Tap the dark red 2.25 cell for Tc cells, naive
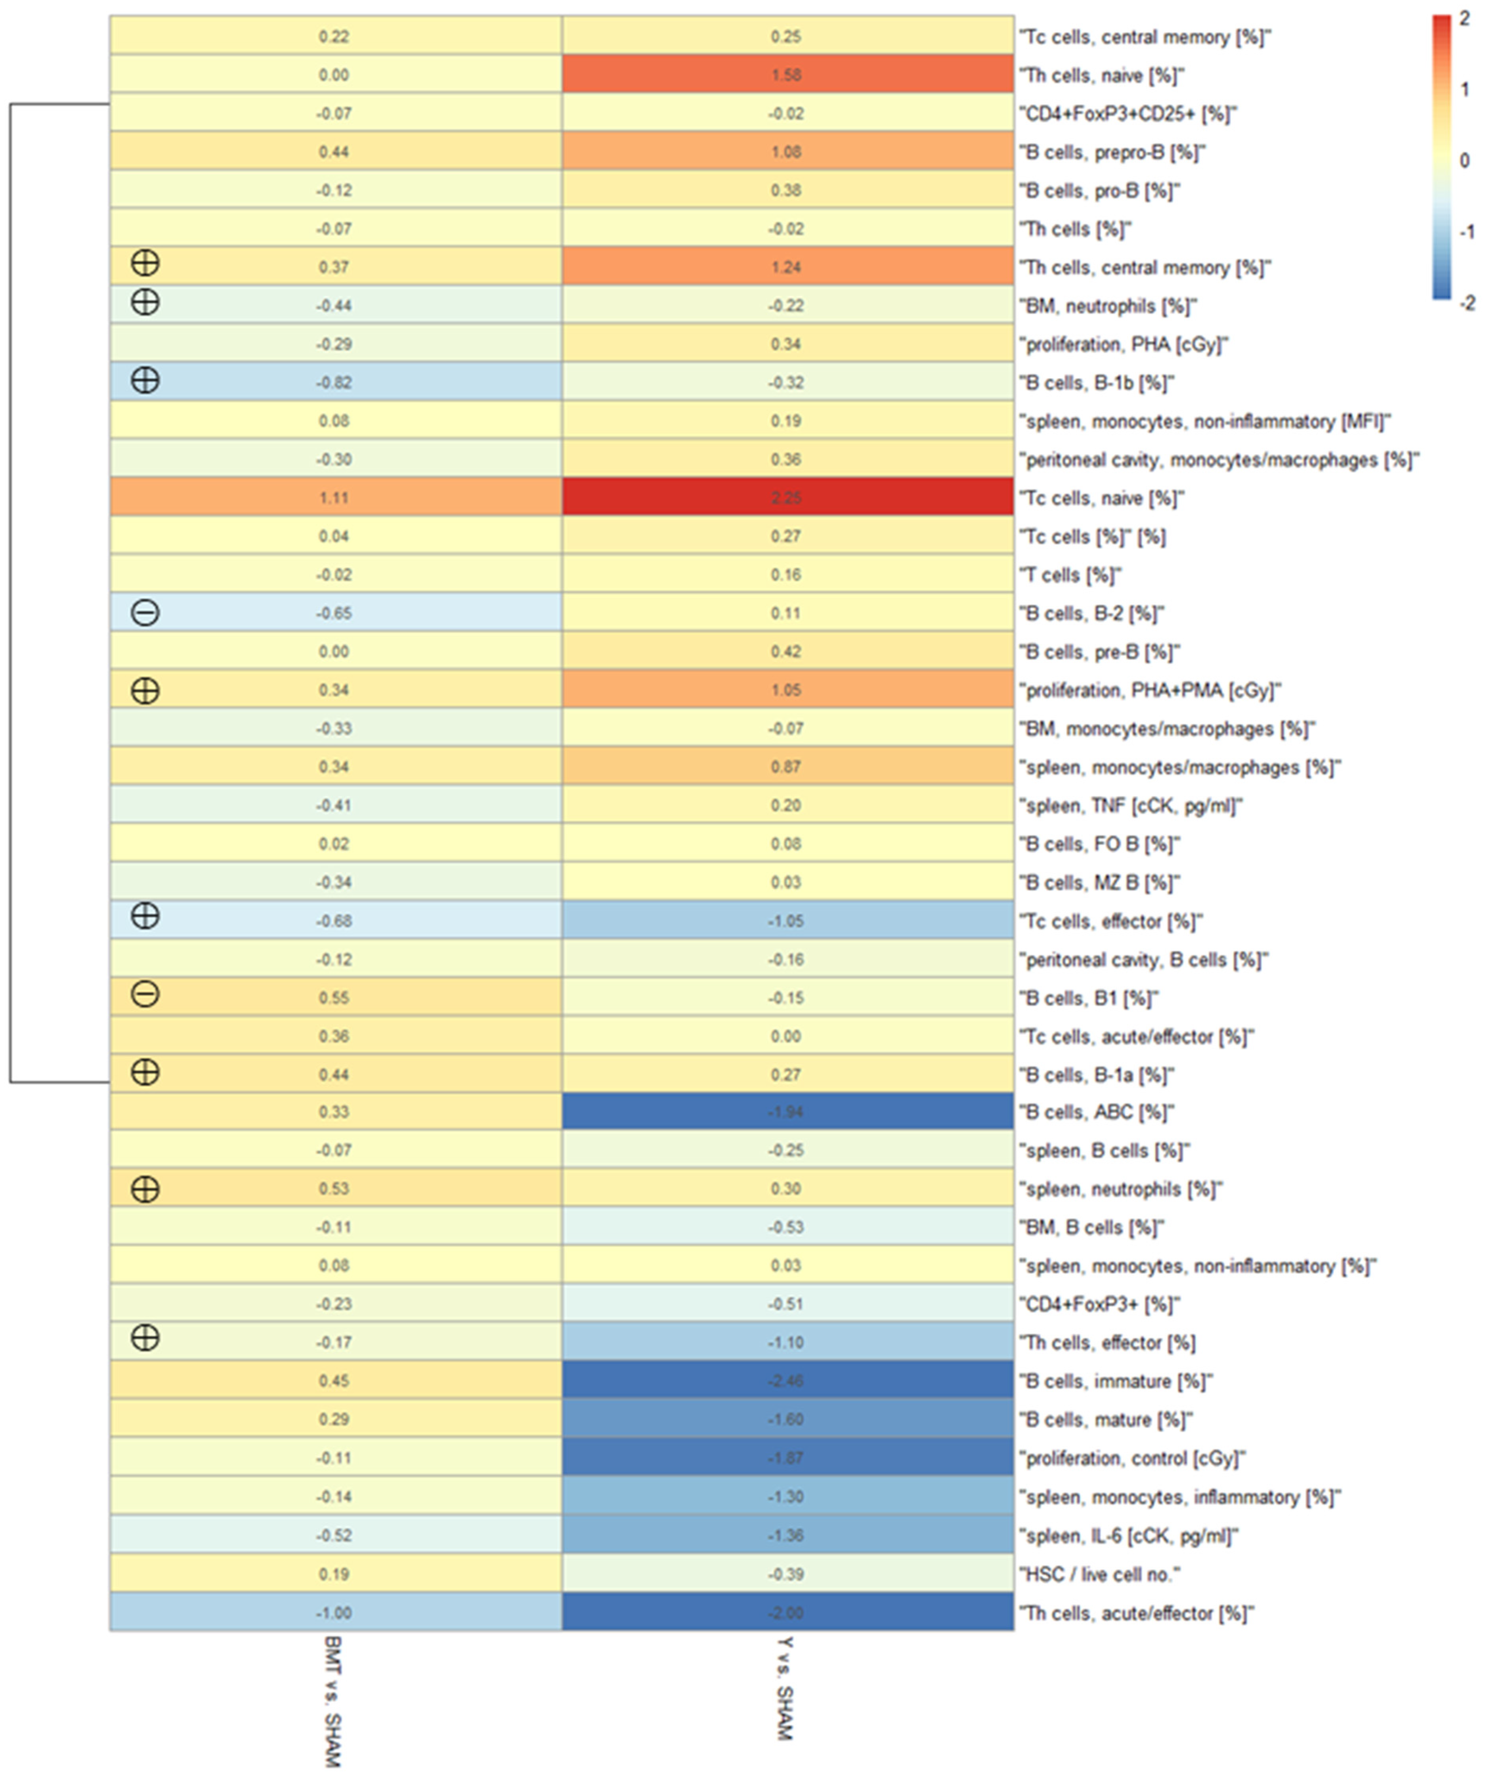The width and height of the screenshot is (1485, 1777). [x=787, y=497]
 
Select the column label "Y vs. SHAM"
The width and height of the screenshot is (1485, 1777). [x=785, y=1688]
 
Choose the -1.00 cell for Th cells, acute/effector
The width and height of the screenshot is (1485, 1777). [x=334, y=1613]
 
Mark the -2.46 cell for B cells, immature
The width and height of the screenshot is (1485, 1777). [x=787, y=1381]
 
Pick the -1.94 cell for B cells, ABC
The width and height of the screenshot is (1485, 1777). [x=787, y=1112]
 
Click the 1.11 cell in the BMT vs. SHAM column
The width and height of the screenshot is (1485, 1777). [x=334, y=497]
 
